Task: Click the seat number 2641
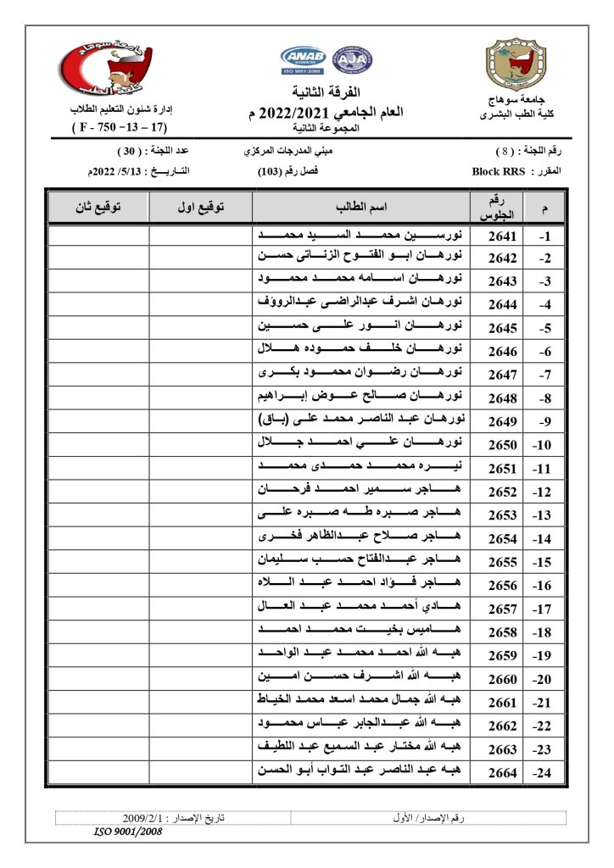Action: [x=503, y=236]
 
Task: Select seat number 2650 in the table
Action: [x=503, y=444]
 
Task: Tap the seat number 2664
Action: [x=503, y=771]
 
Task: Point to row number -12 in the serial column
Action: [x=543, y=492]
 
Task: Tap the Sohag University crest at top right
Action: [x=512, y=64]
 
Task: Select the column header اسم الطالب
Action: [x=362, y=207]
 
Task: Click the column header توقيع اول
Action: [x=201, y=207]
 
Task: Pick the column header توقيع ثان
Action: [x=98, y=207]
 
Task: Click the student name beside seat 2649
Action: [x=362, y=420]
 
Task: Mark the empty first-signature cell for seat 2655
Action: [x=201, y=561]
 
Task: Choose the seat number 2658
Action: [x=503, y=631]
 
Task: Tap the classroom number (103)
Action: [x=270, y=171]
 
